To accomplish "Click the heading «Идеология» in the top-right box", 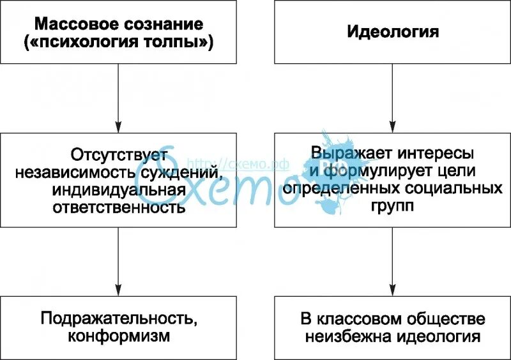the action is coord(393,32).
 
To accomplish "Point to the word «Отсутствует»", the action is coord(119,154).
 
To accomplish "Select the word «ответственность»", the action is coord(119,207).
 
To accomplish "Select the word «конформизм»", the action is coord(119,336).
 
